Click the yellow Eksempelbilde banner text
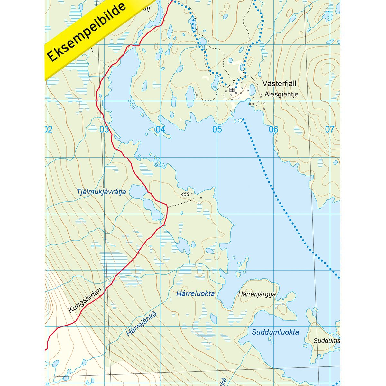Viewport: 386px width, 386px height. click(87, 32)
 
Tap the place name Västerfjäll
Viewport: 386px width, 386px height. click(279, 84)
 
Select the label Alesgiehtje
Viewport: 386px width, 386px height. click(281, 95)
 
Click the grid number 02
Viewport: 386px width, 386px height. click(48, 129)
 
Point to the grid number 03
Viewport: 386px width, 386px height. click(104, 129)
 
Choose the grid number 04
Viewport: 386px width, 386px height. click(160, 129)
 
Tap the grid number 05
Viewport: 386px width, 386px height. click(217, 129)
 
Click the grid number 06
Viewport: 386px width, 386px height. click(273, 129)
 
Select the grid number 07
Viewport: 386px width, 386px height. click(329, 129)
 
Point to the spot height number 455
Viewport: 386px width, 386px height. click(185, 194)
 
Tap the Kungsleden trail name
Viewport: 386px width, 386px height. click(85, 300)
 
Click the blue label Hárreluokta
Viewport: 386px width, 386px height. click(195, 293)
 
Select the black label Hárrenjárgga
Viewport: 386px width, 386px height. click(257, 294)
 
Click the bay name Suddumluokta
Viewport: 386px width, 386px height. click(275, 332)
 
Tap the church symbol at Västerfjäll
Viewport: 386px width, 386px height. click(232, 90)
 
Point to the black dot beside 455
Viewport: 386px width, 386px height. click(192, 193)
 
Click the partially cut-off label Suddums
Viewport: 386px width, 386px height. click(326, 340)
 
